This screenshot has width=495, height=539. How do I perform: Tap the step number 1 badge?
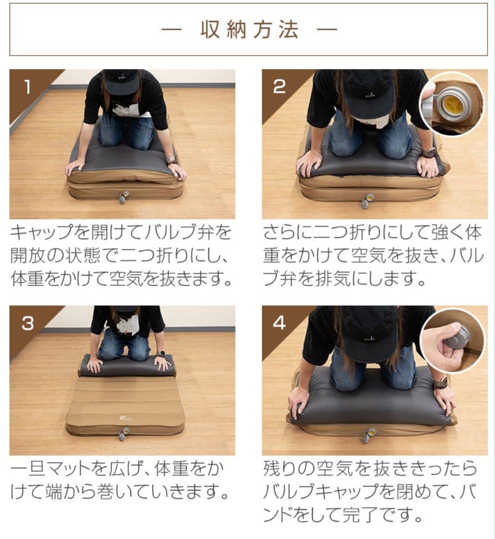pos(27,88)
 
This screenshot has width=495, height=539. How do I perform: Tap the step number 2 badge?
pos(279,87)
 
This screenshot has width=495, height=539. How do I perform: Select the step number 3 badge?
pos(27,324)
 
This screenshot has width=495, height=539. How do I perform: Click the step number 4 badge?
pos(279,323)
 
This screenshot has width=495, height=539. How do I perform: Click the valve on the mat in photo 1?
pos(123,197)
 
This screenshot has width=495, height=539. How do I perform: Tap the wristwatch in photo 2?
pos(429,151)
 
